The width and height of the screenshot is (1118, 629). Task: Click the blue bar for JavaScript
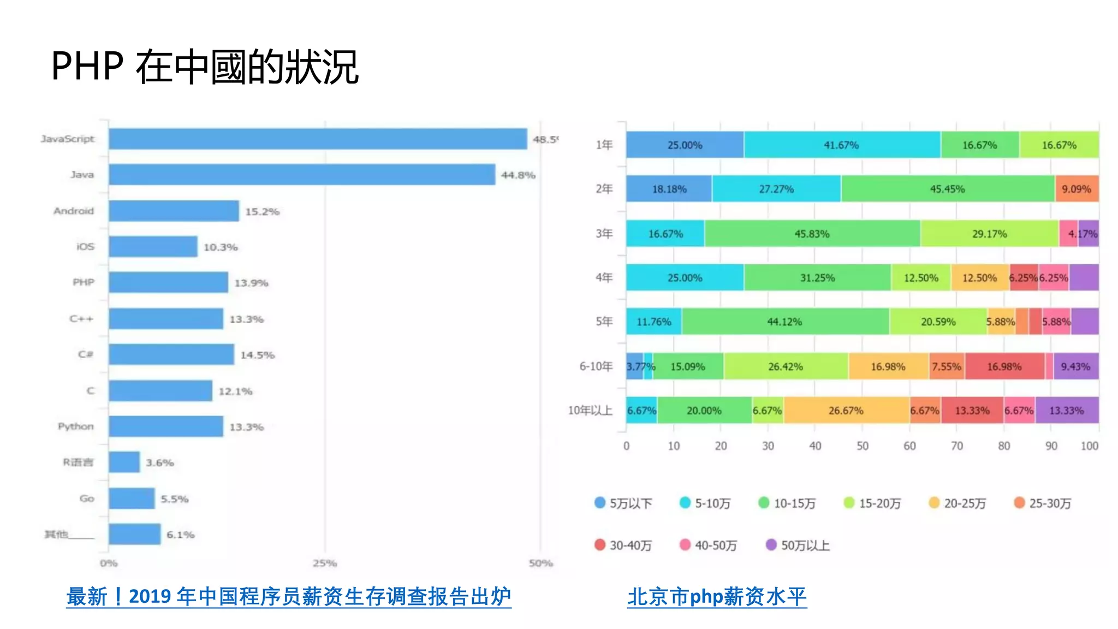pos(318,139)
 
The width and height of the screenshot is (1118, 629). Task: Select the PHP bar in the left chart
pos(168,282)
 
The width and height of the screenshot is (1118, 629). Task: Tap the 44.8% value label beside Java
pos(518,175)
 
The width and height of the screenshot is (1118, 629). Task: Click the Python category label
pos(76,426)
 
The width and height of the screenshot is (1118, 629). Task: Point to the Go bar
pos(132,499)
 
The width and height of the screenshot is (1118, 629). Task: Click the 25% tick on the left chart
pos(325,563)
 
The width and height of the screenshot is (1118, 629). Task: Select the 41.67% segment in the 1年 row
pos(841,145)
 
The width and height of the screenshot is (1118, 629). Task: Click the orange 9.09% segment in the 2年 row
pos(1076,189)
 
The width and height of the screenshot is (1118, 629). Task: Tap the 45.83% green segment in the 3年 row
pos(812,234)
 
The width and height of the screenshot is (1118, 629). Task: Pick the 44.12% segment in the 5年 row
pos(784,322)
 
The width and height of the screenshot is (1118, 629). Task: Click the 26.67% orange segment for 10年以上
pos(846,411)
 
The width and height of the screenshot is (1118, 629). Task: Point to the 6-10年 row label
pos(596,366)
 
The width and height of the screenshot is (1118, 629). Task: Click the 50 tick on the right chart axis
pos(862,446)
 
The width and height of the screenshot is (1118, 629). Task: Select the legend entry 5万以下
pos(624,503)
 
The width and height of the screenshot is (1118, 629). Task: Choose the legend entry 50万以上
pos(798,545)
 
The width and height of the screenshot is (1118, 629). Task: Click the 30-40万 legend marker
pos(600,545)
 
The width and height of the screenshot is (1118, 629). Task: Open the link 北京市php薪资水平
pos(717,596)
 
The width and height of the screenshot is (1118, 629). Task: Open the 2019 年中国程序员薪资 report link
pos(289,596)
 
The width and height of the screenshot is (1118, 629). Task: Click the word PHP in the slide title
pos(87,67)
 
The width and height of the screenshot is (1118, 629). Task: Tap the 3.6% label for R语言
pos(159,463)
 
